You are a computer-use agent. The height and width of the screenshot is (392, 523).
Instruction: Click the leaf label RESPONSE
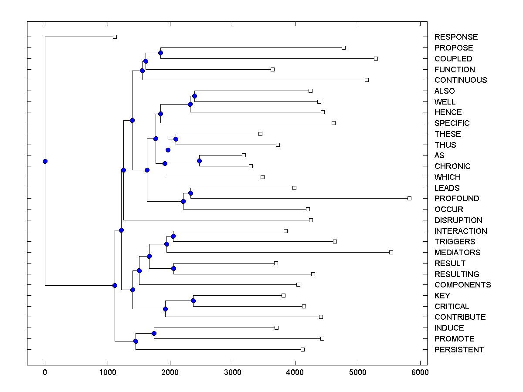coord(456,37)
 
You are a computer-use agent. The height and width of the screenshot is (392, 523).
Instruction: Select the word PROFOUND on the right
coord(457,199)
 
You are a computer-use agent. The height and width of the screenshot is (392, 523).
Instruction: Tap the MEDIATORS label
coord(457,253)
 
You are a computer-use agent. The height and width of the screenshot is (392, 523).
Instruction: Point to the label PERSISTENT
coord(459,350)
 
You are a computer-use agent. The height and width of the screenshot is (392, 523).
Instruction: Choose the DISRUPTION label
coord(458,220)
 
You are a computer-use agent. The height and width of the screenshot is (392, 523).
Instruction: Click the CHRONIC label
coord(452,166)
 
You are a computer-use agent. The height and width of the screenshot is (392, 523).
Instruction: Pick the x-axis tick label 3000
coord(233,372)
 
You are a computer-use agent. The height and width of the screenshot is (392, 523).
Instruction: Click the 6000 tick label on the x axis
coord(421,372)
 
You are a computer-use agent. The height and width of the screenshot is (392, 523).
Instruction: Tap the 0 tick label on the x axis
coord(45,372)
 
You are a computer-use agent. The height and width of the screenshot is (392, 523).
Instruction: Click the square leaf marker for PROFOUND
coord(409,198)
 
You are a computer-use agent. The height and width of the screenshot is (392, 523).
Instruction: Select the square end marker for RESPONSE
coord(115,37)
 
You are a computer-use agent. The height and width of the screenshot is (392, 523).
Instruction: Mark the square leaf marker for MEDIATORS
coord(391,252)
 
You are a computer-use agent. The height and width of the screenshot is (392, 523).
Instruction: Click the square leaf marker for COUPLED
coord(376,58)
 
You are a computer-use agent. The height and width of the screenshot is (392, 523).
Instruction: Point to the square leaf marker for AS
coord(244,155)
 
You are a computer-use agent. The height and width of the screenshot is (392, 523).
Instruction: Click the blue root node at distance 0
coord(45,161)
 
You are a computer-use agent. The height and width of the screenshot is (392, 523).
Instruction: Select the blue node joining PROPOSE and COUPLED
coord(160,53)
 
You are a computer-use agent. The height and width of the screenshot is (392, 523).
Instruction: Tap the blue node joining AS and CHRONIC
coord(199,161)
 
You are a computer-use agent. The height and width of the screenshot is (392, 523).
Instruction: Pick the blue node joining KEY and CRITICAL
coord(193,301)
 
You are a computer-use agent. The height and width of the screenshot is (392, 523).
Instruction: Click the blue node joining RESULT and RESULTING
coord(173,268)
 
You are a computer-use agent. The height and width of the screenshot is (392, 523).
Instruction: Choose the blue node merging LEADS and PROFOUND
coord(190,193)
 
